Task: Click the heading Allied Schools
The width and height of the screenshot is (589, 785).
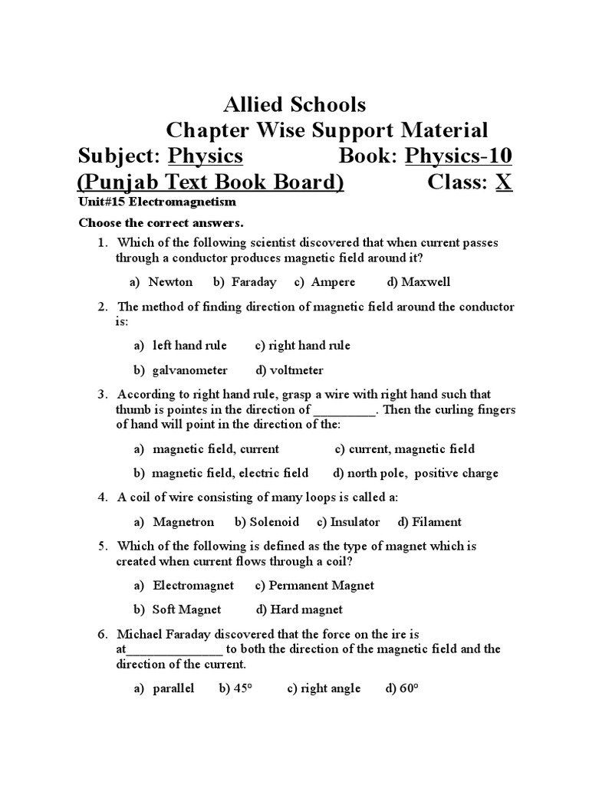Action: [x=294, y=104]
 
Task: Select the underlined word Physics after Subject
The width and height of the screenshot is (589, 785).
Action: [x=206, y=156]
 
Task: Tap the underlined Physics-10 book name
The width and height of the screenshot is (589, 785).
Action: [x=459, y=156]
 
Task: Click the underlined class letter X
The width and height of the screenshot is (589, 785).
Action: [x=503, y=182]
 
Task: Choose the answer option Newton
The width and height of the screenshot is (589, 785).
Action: [x=170, y=282]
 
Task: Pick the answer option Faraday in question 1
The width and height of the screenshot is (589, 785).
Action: [x=253, y=282]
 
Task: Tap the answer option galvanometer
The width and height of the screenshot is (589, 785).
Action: [x=189, y=370]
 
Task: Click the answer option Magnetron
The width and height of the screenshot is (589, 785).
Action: [x=183, y=522]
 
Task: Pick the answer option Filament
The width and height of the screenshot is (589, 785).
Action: [x=436, y=522]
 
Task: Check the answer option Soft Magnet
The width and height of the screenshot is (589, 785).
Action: [x=186, y=610]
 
